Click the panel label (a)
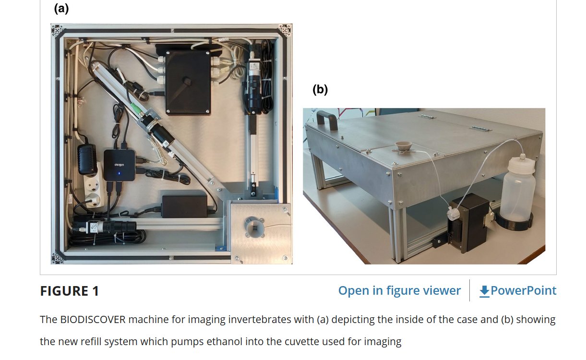point(61,8)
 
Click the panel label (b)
point(320,89)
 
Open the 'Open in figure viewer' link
point(399,290)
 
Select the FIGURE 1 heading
point(69,291)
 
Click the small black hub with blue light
point(119,165)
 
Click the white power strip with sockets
point(95,187)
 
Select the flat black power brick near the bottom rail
point(184,205)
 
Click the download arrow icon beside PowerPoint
point(484,291)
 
